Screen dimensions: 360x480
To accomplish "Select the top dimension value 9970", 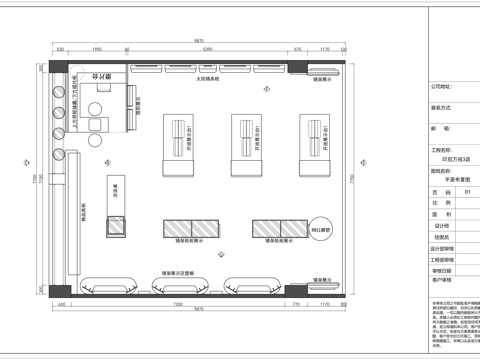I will tap(199, 40).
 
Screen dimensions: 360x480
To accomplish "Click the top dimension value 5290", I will tap(207, 48).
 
